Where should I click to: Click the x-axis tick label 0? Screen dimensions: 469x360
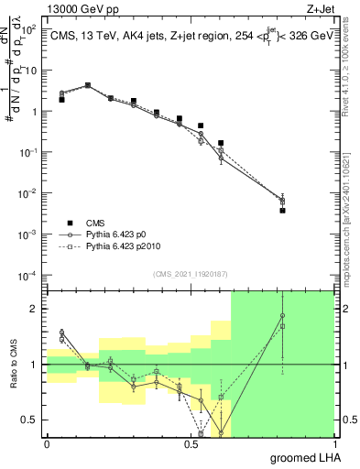(x=47, y=443)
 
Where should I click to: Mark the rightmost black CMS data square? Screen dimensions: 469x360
(x=283, y=210)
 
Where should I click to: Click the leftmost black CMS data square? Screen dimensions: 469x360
(x=61, y=99)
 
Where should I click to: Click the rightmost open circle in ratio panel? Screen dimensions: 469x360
(x=283, y=316)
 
